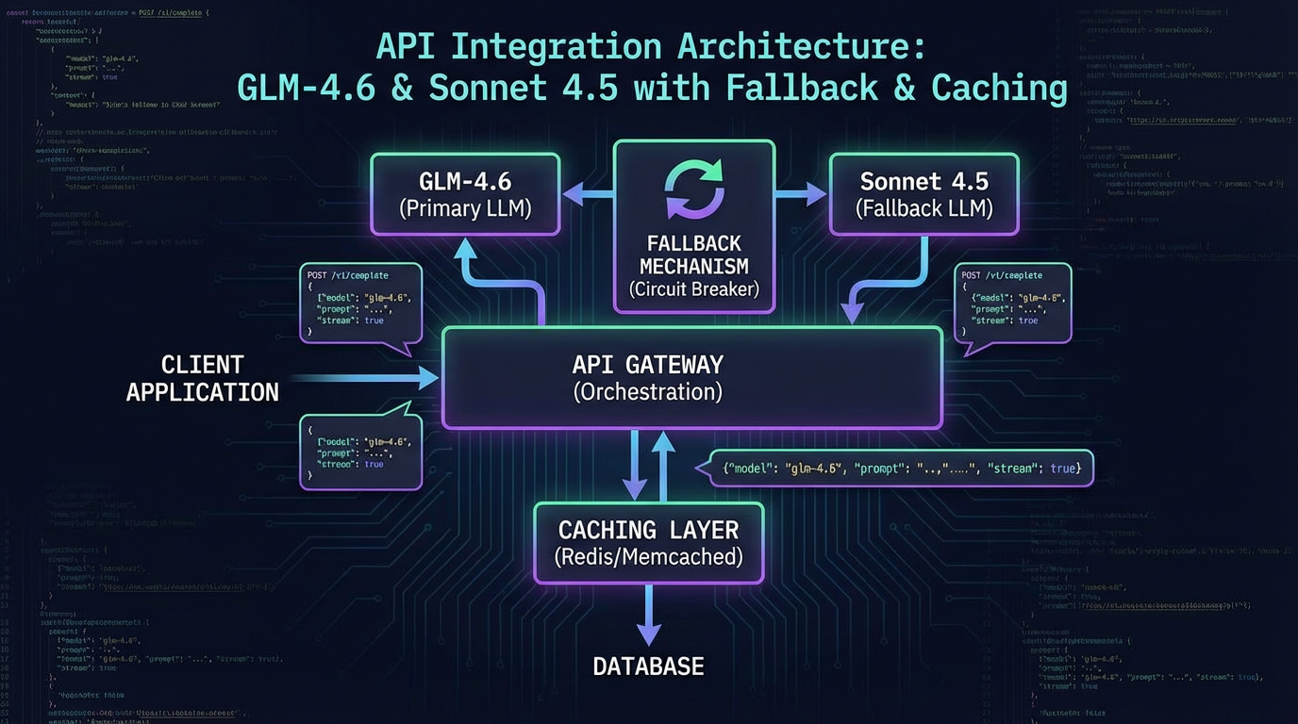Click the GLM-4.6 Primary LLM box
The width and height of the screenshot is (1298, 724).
pyautogui.click(x=465, y=194)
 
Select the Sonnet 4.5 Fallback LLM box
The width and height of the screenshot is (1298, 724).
pyautogui.click(x=924, y=194)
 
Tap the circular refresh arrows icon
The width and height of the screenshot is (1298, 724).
pyautogui.click(x=694, y=189)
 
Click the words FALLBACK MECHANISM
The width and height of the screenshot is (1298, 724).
pyautogui.click(x=693, y=255)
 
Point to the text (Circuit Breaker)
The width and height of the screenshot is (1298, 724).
pyautogui.click(x=693, y=289)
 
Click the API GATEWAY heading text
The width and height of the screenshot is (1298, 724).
pyautogui.click(x=647, y=364)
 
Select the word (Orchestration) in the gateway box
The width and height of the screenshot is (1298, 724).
pyautogui.click(x=647, y=392)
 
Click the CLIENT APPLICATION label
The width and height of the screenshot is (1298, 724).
pyautogui.click(x=202, y=378)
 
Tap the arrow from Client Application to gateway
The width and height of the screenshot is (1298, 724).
pyautogui.click(x=363, y=378)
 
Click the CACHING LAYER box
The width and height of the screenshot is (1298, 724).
pyautogui.click(x=648, y=543)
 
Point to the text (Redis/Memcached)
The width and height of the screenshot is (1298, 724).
pyautogui.click(x=648, y=557)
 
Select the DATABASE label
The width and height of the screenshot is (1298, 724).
pyautogui.click(x=648, y=666)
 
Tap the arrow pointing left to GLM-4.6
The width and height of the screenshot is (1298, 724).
pyautogui.click(x=587, y=195)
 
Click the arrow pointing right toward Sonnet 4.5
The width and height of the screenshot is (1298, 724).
pyautogui.click(x=801, y=195)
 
